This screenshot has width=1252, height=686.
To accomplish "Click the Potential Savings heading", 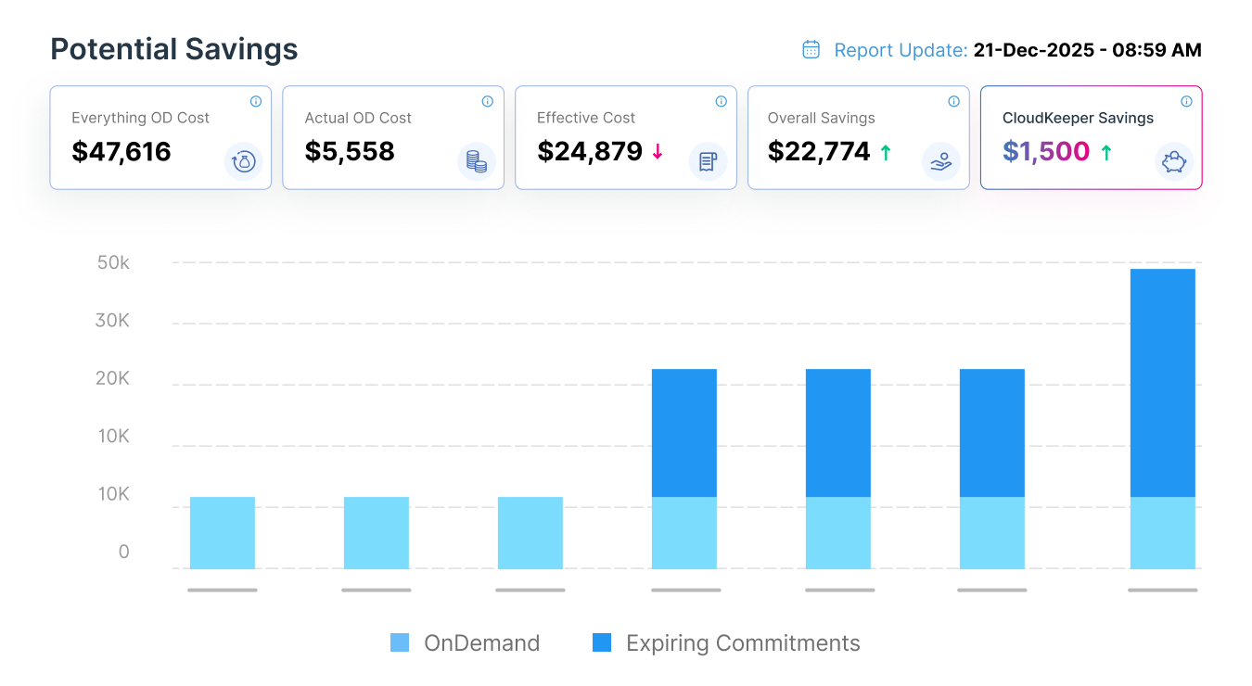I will click(x=173, y=49).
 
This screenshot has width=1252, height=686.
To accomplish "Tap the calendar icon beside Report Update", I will click(x=811, y=49).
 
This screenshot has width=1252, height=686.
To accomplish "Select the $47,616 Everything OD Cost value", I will click(x=121, y=151).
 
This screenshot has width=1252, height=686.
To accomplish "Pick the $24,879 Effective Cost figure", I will click(x=590, y=151).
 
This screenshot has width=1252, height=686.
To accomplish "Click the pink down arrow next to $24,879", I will click(x=658, y=152).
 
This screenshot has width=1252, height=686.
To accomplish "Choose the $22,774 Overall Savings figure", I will click(x=819, y=151).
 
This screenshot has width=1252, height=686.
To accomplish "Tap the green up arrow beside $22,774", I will click(x=886, y=152).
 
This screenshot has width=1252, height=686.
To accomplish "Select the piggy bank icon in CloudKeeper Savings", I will click(x=1174, y=161).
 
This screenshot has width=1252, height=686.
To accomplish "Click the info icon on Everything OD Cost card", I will click(x=256, y=101).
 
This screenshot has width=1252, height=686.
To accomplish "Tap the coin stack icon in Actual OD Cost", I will click(x=477, y=162).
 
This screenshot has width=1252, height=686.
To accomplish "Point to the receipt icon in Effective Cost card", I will click(x=708, y=162).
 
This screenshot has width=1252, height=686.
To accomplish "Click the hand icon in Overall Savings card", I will click(x=940, y=162).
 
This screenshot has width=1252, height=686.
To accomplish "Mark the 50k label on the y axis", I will click(x=113, y=262).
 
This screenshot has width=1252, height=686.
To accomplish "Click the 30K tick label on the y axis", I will click(x=113, y=320).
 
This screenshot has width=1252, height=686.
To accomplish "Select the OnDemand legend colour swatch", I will click(x=400, y=642).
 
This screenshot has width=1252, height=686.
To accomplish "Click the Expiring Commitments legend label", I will click(x=743, y=643).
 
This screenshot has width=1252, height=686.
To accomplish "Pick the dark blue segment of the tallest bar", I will click(x=1162, y=382).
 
